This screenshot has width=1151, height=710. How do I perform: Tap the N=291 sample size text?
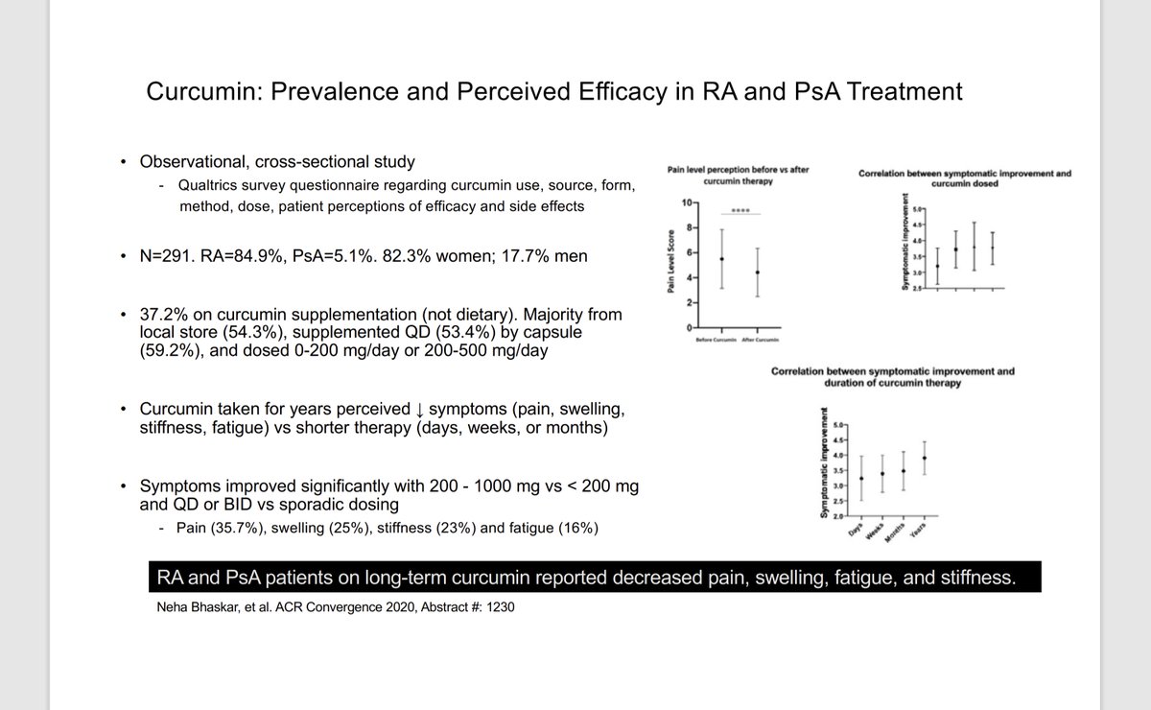[167, 257]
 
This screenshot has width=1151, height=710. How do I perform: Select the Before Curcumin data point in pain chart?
[721, 259]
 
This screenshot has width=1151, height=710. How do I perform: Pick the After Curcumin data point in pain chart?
[758, 272]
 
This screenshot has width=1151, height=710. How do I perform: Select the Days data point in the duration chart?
[861, 478]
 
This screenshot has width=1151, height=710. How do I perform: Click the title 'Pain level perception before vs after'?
[739, 169]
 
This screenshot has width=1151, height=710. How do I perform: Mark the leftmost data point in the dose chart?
[937, 266]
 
